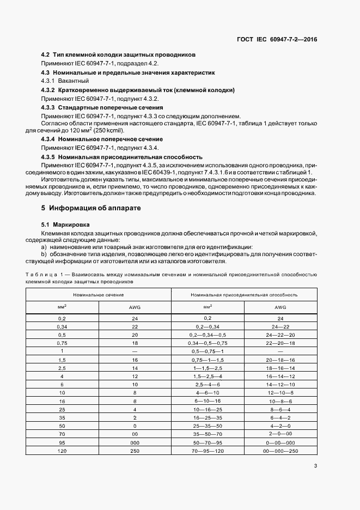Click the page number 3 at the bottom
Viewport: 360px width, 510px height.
coord(315,465)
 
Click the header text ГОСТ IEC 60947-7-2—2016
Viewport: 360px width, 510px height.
coord(277,39)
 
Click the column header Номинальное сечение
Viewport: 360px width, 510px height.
coord(99,294)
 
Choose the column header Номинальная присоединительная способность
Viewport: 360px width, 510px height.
coord(244,294)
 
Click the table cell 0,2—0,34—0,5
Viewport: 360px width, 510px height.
coord(208,335)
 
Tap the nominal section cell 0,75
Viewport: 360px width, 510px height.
coord(62,343)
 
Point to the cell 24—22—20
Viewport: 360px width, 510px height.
coord(280,335)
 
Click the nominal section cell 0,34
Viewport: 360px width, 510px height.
coord(62,326)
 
